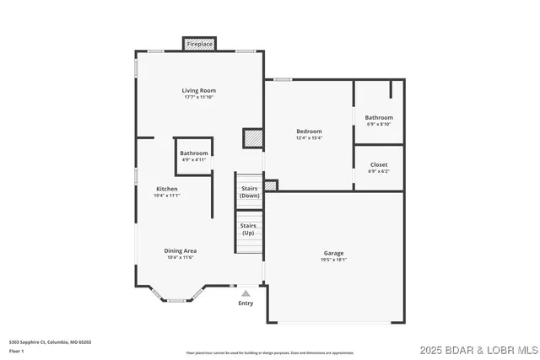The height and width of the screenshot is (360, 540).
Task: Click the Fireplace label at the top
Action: tap(200, 43)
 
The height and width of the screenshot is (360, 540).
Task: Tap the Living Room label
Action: tap(199, 90)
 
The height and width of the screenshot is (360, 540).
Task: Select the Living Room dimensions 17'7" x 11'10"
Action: tap(199, 97)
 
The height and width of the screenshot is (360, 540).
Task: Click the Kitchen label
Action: tap(167, 188)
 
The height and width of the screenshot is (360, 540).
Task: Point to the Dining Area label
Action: tap(180, 250)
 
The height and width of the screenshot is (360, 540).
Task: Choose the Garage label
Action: tap(333, 253)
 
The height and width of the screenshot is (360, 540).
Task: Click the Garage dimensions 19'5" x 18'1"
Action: tap(333, 260)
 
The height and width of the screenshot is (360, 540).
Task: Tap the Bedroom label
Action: tap(309, 132)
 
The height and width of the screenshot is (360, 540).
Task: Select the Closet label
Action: tap(379, 165)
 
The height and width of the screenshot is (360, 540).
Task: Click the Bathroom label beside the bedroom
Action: tap(379, 117)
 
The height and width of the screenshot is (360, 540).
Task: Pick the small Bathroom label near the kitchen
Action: tap(193, 153)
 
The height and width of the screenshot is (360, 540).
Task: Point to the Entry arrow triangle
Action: tap(246, 293)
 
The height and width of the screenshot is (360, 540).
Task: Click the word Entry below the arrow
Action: tap(246, 304)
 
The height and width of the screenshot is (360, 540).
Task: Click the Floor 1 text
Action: tap(16, 351)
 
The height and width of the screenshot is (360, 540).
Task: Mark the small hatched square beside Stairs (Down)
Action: tap(271, 185)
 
